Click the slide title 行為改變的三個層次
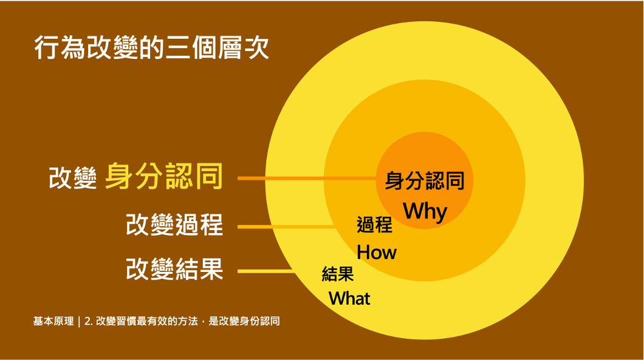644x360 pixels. (x=151, y=48)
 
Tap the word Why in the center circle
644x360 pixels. (x=425, y=211)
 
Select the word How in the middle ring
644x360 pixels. (x=377, y=252)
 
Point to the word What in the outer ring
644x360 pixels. (x=349, y=299)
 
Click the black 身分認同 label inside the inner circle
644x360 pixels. (x=425, y=181)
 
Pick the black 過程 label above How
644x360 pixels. (x=375, y=225)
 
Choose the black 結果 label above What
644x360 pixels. (x=338, y=274)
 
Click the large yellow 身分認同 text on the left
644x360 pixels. (x=164, y=177)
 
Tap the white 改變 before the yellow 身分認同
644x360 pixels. (x=73, y=178)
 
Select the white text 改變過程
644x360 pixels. (x=174, y=225)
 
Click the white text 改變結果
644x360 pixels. (x=174, y=269)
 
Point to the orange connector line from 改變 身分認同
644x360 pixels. (x=307, y=178)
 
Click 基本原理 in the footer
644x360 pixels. (x=53, y=321)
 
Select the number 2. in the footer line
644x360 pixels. (x=88, y=321)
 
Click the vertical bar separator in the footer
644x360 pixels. (x=79, y=321)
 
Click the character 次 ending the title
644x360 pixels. (x=257, y=48)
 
